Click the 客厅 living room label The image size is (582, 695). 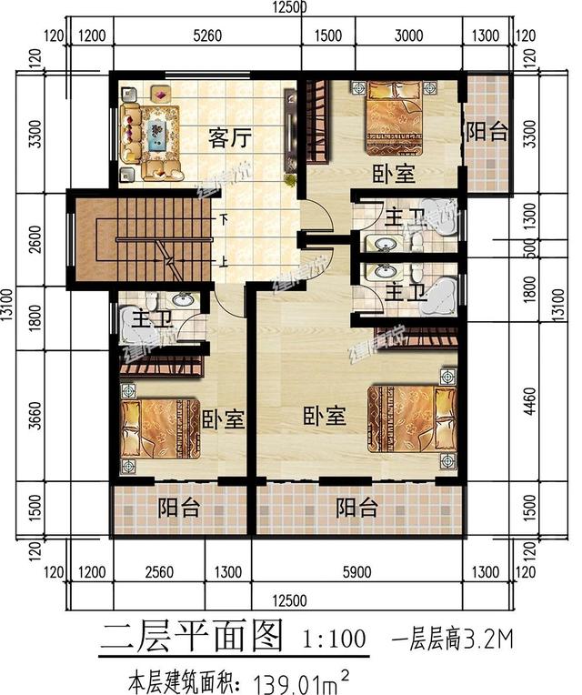click(x=230, y=138)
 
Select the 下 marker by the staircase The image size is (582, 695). click(x=224, y=219)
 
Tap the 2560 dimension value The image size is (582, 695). click(x=157, y=572)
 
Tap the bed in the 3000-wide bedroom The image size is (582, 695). click(x=401, y=118)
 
